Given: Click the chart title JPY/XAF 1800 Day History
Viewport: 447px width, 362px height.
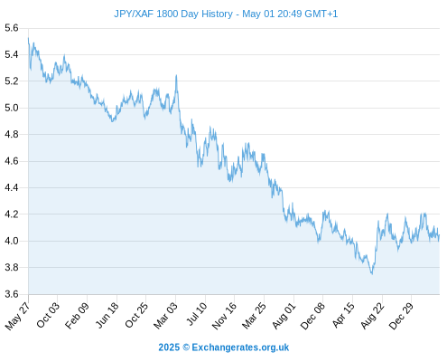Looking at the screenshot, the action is click(173, 14).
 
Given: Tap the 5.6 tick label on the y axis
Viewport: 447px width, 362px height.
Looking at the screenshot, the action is click(12, 28).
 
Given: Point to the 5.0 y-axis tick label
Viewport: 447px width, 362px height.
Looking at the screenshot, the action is click(12, 108).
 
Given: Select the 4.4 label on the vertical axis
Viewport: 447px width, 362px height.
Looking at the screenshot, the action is click(12, 187).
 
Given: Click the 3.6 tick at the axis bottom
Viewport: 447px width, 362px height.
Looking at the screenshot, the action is click(12, 294).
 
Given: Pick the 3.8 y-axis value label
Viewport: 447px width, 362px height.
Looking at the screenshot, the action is click(12, 267).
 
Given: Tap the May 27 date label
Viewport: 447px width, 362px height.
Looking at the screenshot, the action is click(17, 316).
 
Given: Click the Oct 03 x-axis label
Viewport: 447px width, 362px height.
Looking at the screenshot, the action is click(48, 315).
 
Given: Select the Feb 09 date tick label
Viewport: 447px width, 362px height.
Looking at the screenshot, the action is click(78, 315).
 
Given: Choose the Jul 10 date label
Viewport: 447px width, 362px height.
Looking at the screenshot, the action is click(197, 314).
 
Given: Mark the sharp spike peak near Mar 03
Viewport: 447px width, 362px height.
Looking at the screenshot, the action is click(176, 75).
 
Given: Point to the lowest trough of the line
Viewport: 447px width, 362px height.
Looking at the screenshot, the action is click(372, 274).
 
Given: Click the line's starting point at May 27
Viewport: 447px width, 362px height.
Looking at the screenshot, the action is click(28, 38).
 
